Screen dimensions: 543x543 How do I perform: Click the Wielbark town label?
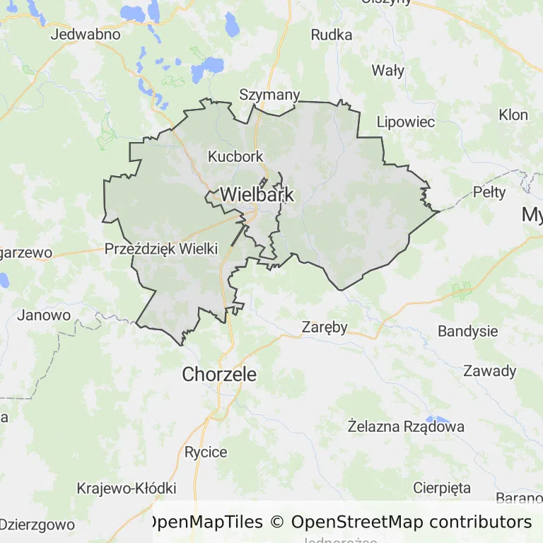257,194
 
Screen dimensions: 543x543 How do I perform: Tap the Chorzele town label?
219,375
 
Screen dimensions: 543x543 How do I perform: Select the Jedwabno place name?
86,34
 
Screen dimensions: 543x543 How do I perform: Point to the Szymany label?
269,95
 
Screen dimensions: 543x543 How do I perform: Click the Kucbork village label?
235,156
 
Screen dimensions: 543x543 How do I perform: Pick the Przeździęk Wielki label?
161,249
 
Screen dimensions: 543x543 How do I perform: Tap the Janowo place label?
44,315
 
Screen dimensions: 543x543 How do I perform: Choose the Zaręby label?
325,327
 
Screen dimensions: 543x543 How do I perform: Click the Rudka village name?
332,34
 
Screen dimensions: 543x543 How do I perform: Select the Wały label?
388,70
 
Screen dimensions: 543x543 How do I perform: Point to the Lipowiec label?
405,122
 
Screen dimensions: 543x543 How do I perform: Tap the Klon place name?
513,115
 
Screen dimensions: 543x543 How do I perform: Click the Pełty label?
489,192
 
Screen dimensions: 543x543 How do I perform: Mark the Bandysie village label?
467,332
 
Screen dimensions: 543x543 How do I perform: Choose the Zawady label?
489,371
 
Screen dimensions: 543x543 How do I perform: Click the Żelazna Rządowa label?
406,426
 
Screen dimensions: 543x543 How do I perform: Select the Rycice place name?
206,452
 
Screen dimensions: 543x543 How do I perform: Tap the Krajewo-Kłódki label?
126,489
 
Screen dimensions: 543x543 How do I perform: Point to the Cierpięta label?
441,488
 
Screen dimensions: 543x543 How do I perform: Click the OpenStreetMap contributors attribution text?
411,522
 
